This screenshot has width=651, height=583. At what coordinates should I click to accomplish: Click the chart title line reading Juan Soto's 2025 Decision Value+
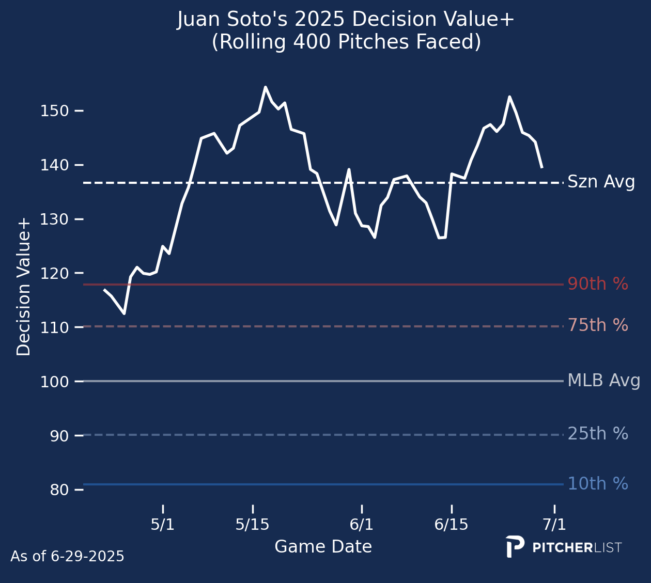pyautogui.click(x=346, y=20)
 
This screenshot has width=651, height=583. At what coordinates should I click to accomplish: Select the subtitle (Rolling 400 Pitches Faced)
pyautogui.click(x=346, y=42)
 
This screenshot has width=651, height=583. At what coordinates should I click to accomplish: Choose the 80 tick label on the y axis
pyautogui.click(x=59, y=490)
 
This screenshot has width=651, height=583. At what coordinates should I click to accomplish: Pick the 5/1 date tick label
pyautogui.click(x=163, y=525)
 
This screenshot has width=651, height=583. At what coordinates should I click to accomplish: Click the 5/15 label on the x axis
pyautogui.click(x=252, y=525)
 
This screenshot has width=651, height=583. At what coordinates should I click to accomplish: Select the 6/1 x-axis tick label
pyautogui.click(x=361, y=525)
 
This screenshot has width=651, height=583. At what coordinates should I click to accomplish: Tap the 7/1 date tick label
pyautogui.click(x=554, y=525)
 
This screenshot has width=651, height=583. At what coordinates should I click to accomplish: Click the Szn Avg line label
pyautogui.click(x=601, y=182)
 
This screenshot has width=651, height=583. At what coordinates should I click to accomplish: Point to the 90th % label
pyautogui.click(x=598, y=284)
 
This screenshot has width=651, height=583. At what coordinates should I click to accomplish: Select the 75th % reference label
pyautogui.click(x=598, y=325)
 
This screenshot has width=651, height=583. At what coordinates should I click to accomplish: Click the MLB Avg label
pyautogui.click(x=603, y=381)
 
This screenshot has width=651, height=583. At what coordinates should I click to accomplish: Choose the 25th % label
pyautogui.click(x=598, y=434)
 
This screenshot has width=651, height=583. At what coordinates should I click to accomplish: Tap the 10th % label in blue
pyautogui.click(x=598, y=484)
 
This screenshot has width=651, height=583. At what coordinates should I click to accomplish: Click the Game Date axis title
pyautogui.click(x=323, y=547)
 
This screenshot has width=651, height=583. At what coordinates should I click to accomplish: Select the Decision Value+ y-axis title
pyautogui.click(x=24, y=287)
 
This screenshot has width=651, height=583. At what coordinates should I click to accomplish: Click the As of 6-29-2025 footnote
pyautogui.click(x=67, y=557)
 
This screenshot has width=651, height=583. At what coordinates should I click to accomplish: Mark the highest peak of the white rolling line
pyautogui.click(x=265, y=87)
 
